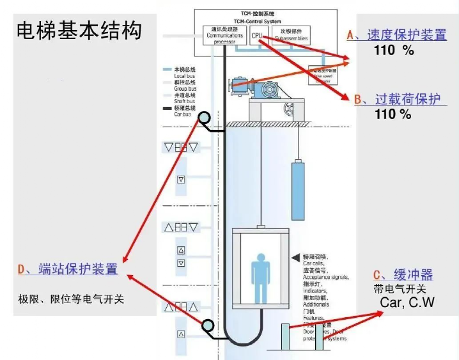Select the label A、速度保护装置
[396, 35]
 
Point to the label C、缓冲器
[403, 274]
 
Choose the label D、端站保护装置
[68, 269]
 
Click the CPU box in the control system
[257, 36]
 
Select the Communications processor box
[224, 36]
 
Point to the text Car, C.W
[407, 302]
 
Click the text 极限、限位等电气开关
[71, 299]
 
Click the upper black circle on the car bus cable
[204, 118]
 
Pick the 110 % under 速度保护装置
[394, 51]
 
